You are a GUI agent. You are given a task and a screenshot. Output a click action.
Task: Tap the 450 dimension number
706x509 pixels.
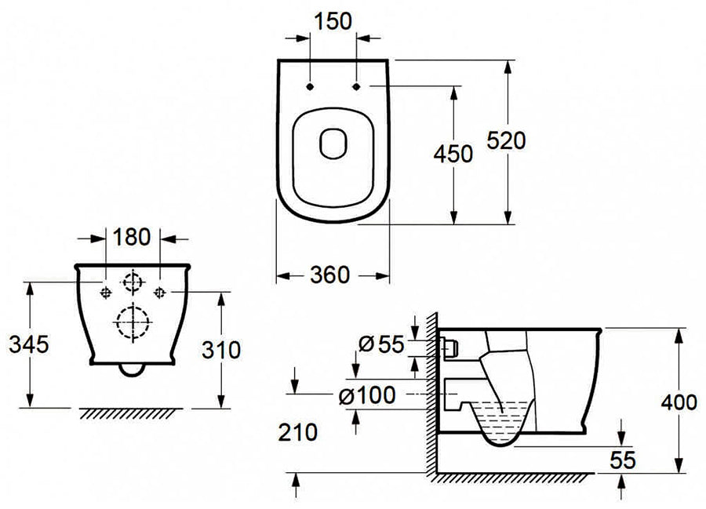(453, 155)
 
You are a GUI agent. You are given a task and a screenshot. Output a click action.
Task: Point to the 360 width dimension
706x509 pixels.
(333, 274)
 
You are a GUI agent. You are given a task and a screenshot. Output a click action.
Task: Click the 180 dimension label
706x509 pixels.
(133, 236)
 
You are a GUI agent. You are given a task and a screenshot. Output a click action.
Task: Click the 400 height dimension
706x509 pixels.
(679, 403)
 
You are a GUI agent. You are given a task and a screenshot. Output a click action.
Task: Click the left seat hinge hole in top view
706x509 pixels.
(311, 85)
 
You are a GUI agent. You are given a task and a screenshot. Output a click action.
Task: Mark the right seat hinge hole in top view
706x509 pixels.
(356, 85)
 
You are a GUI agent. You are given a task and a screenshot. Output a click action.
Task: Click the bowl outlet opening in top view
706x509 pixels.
(333, 142)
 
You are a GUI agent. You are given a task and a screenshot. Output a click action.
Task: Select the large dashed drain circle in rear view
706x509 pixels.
(132, 321)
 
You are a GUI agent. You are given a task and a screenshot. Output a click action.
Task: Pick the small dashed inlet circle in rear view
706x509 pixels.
(132, 279)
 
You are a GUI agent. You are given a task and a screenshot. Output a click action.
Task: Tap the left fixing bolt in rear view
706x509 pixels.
(105, 292)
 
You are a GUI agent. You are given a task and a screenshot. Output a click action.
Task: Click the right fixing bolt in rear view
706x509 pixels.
(159, 292)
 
